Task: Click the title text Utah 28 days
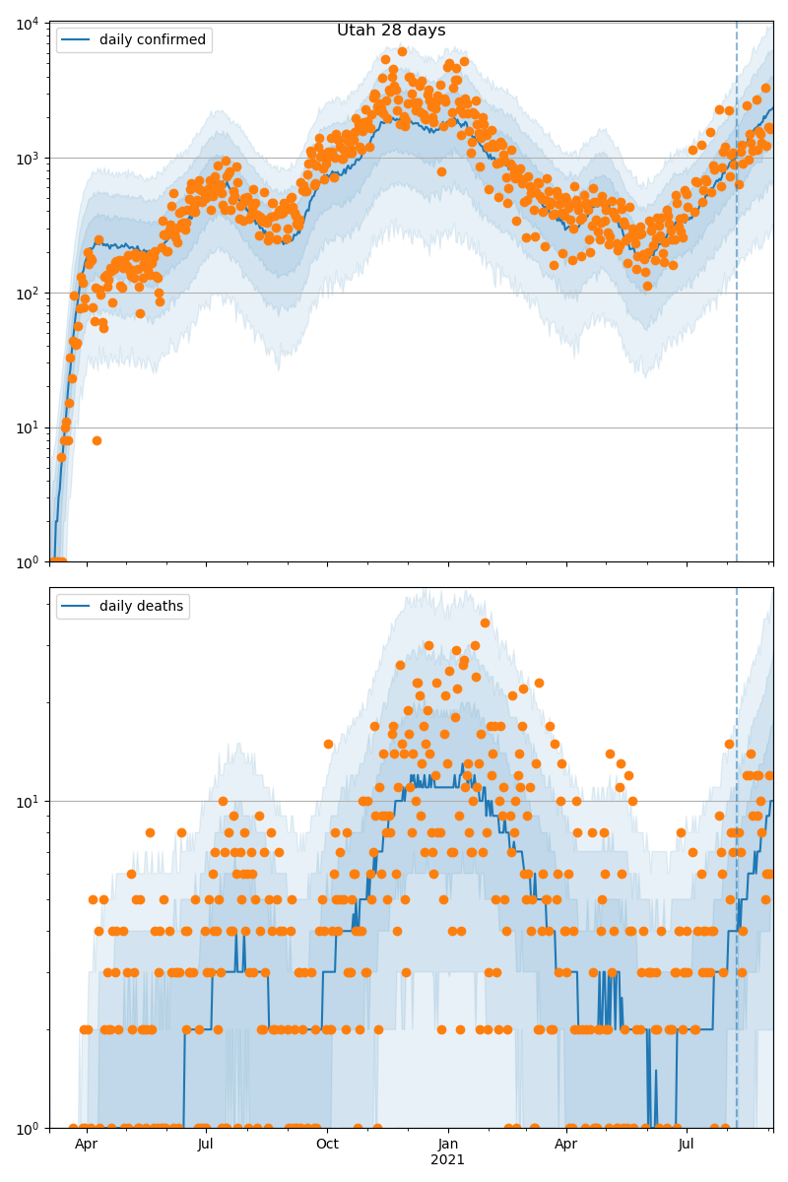click(391, 31)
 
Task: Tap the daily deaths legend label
click(141, 607)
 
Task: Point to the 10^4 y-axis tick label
click(26, 24)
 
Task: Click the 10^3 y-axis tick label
click(26, 158)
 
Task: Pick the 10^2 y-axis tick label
click(26, 293)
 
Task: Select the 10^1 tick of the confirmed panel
click(26, 427)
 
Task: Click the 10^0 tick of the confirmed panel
click(26, 562)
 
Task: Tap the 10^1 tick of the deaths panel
click(26, 801)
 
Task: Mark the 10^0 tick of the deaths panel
click(26, 1128)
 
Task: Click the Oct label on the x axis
click(327, 1145)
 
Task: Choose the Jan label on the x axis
click(448, 1145)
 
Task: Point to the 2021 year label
click(448, 1160)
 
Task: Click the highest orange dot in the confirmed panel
click(402, 51)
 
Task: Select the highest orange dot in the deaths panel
click(485, 623)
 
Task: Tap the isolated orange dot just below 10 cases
click(97, 440)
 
